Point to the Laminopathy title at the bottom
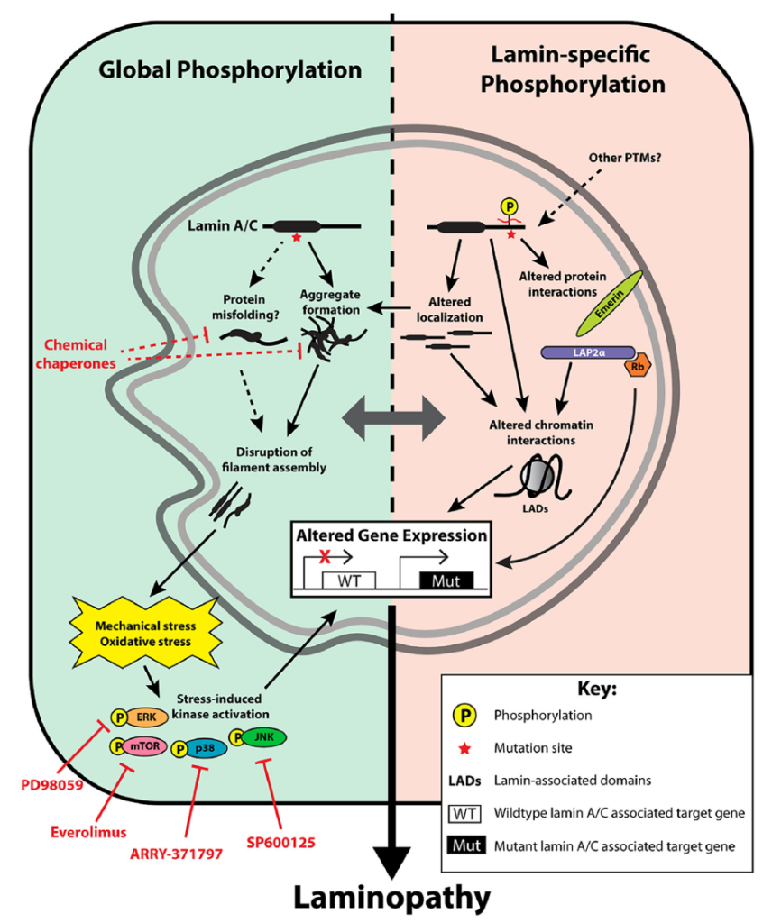(x=388, y=898)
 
